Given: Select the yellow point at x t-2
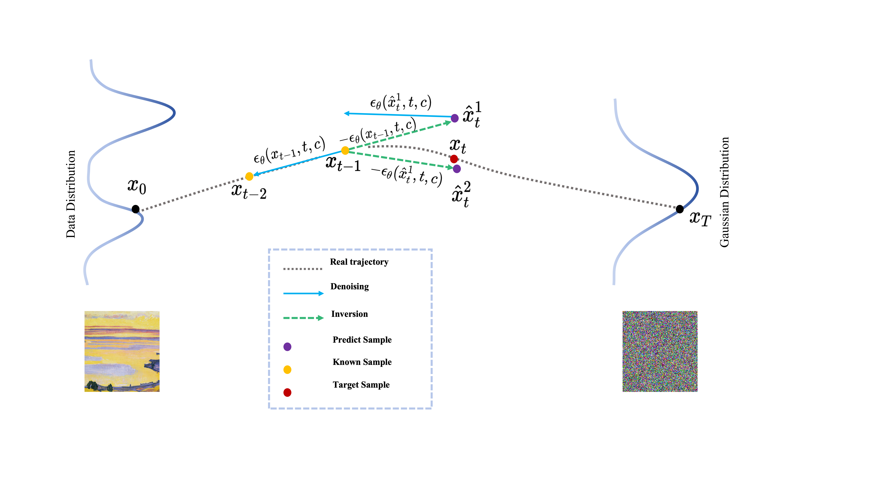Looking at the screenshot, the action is pyautogui.click(x=249, y=176).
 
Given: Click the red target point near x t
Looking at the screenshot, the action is pyautogui.click(x=454, y=159).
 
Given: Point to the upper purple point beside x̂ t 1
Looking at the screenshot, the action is pyautogui.click(x=455, y=118).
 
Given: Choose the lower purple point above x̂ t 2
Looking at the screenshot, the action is pyautogui.click(x=457, y=169).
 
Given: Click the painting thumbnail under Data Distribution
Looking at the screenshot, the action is pyautogui.click(x=122, y=351).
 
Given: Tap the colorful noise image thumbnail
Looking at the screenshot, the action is pyautogui.click(x=660, y=351).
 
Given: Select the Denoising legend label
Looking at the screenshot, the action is pyautogui.click(x=349, y=286).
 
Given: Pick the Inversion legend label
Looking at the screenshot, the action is pyautogui.click(x=349, y=314).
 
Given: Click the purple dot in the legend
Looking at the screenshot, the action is pyautogui.click(x=287, y=347).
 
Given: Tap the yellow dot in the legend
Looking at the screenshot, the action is pyautogui.click(x=287, y=369).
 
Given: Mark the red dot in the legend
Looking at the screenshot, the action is pyautogui.click(x=287, y=393).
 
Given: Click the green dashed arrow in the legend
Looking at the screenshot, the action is pyautogui.click(x=303, y=318).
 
